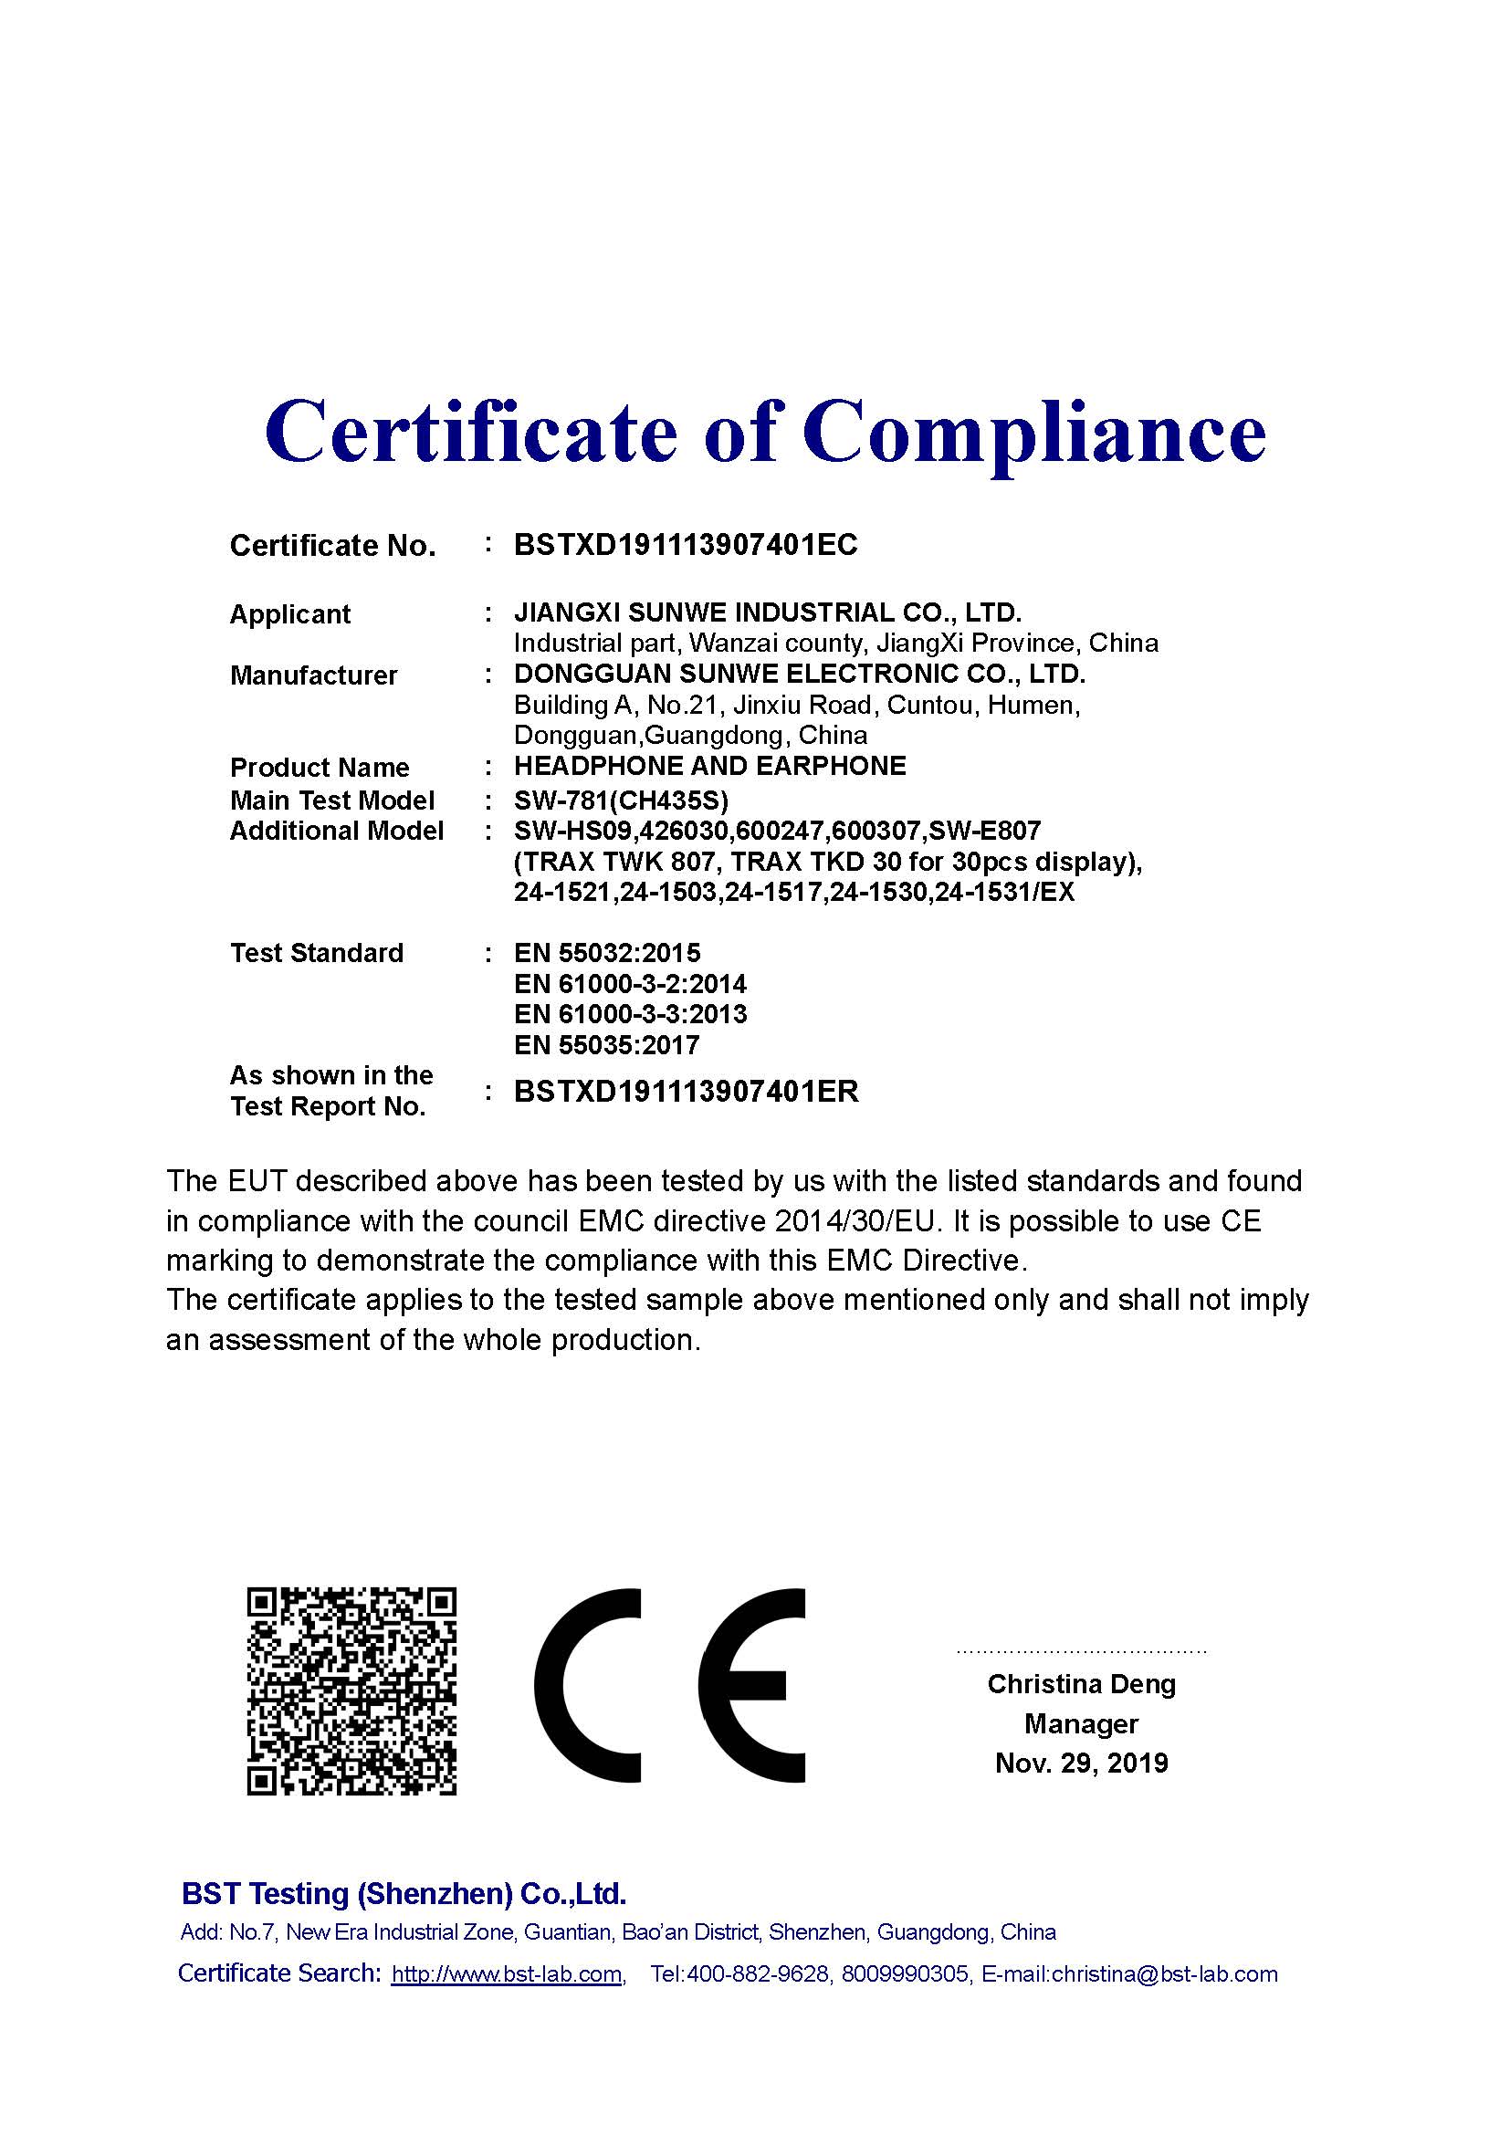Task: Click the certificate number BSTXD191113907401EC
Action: pos(686,545)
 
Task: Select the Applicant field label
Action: pos(289,614)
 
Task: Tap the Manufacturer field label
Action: pos(313,675)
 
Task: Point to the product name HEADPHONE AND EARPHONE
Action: pos(709,766)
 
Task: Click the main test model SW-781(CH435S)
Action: pos(621,800)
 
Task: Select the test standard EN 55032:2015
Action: pos(607,953)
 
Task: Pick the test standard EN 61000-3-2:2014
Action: pos(630,984)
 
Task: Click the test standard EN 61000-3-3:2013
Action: pos(630,1014)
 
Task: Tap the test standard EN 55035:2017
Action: pos(606,1045)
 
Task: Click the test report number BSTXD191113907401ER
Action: pos(687,1091)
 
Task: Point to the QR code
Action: pos(351,1690)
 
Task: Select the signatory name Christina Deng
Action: pos(1081,1684)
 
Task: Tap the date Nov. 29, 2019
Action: pos(1081,1763)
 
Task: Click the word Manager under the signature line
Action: pos(1081,1724)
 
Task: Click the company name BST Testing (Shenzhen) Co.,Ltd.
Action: pos(404,1893)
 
